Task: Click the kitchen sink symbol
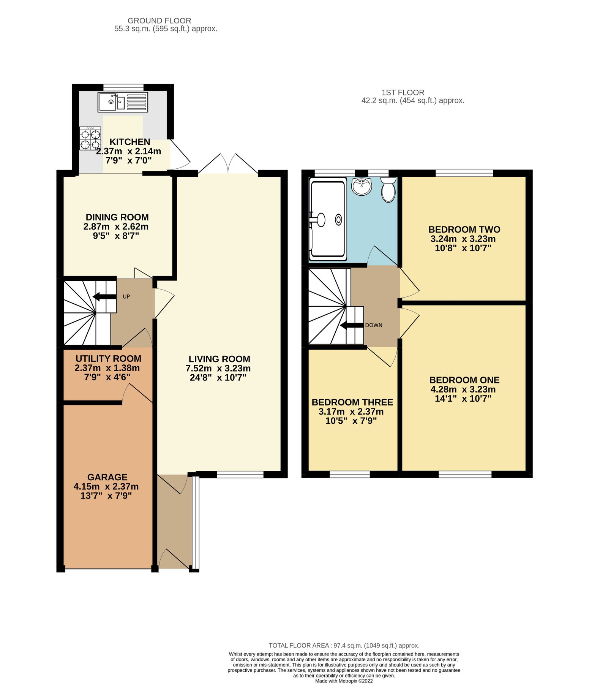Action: pos(122,102)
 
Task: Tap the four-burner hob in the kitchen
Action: pos(90,138)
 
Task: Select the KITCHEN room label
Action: pos(130,142)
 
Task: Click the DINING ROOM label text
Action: pos(117,217)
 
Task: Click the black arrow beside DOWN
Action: pos(351,325)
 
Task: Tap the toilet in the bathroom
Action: pos(388,190)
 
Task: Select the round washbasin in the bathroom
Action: pos(362,186)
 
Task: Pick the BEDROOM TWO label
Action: pos(464,230)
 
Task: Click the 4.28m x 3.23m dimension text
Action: pos(463,389)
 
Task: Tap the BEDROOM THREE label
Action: pos(352,402)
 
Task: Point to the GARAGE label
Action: pos(107,477)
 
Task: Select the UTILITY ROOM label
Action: pos(108,359)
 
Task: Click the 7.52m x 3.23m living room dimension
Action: pos(218,368)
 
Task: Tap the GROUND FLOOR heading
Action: pos(159,21)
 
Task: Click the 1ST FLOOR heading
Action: pos(403,92)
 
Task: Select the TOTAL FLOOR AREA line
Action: pos(344,645)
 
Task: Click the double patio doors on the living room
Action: pos(228,164)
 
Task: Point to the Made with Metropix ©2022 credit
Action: pos(344,681)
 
